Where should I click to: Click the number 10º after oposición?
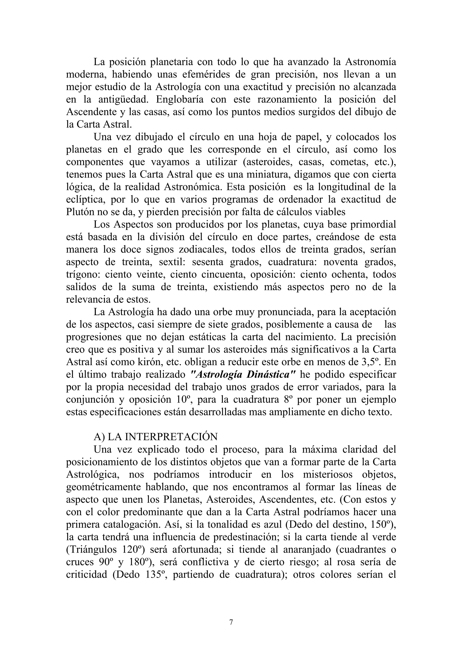(x=182, y=400)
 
